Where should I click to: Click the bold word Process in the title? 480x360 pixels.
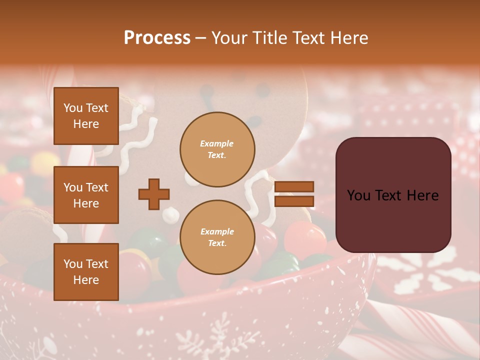(157, 38)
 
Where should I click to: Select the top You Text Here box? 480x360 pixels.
(86, 116)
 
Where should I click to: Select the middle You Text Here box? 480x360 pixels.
(86, 195)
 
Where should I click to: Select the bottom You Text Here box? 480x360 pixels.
(86, 271)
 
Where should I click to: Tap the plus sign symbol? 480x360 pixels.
(154, 194)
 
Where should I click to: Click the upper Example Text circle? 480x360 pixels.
(217, 149)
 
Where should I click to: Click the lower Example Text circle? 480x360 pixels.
(217, 237)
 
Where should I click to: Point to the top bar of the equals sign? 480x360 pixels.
(294, 187)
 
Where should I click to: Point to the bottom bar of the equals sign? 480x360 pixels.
(294, 201)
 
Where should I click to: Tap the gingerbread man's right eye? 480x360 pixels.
(261, 89)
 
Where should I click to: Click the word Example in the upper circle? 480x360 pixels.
(217, 143)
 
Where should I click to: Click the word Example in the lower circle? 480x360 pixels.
(217, 231)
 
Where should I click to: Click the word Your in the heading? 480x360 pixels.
(230, 38)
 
